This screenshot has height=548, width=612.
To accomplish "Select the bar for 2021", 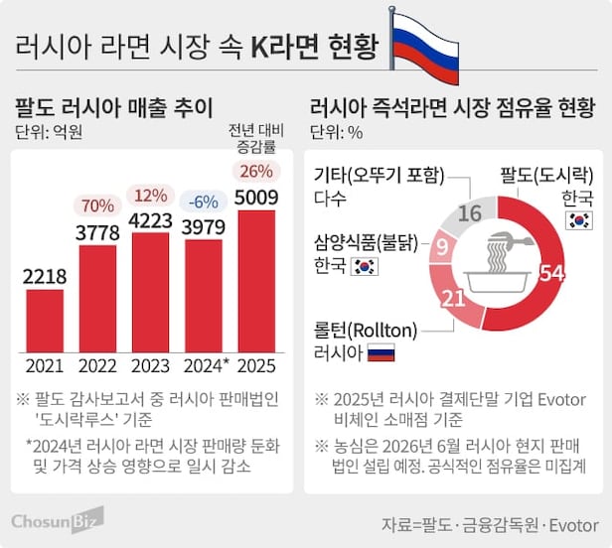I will point(45,320).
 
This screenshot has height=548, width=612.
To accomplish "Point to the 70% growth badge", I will point(97,206).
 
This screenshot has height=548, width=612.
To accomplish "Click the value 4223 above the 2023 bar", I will point(151,219).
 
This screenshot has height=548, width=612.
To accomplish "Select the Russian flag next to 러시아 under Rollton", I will point(381,352).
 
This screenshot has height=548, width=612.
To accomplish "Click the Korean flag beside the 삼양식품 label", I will point(366,265).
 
